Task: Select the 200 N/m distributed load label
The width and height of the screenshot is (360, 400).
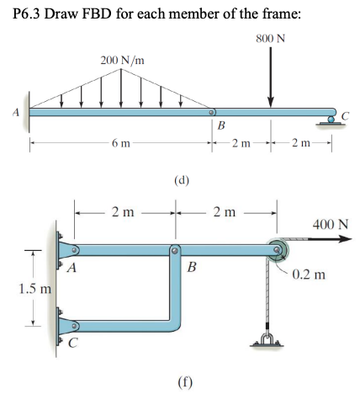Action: point(123,61)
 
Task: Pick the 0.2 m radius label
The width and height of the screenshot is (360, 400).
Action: point(310,274)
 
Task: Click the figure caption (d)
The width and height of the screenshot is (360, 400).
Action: point(180,179)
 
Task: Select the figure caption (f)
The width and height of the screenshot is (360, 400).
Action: point(182,379)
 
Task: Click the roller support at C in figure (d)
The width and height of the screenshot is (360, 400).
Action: point(334,119)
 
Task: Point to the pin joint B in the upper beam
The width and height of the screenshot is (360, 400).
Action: point(212,111)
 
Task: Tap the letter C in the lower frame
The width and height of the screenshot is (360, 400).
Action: point(73,343)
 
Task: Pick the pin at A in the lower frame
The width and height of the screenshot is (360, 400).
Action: point(75,250)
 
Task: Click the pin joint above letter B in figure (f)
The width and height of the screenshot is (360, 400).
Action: point(175,250)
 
